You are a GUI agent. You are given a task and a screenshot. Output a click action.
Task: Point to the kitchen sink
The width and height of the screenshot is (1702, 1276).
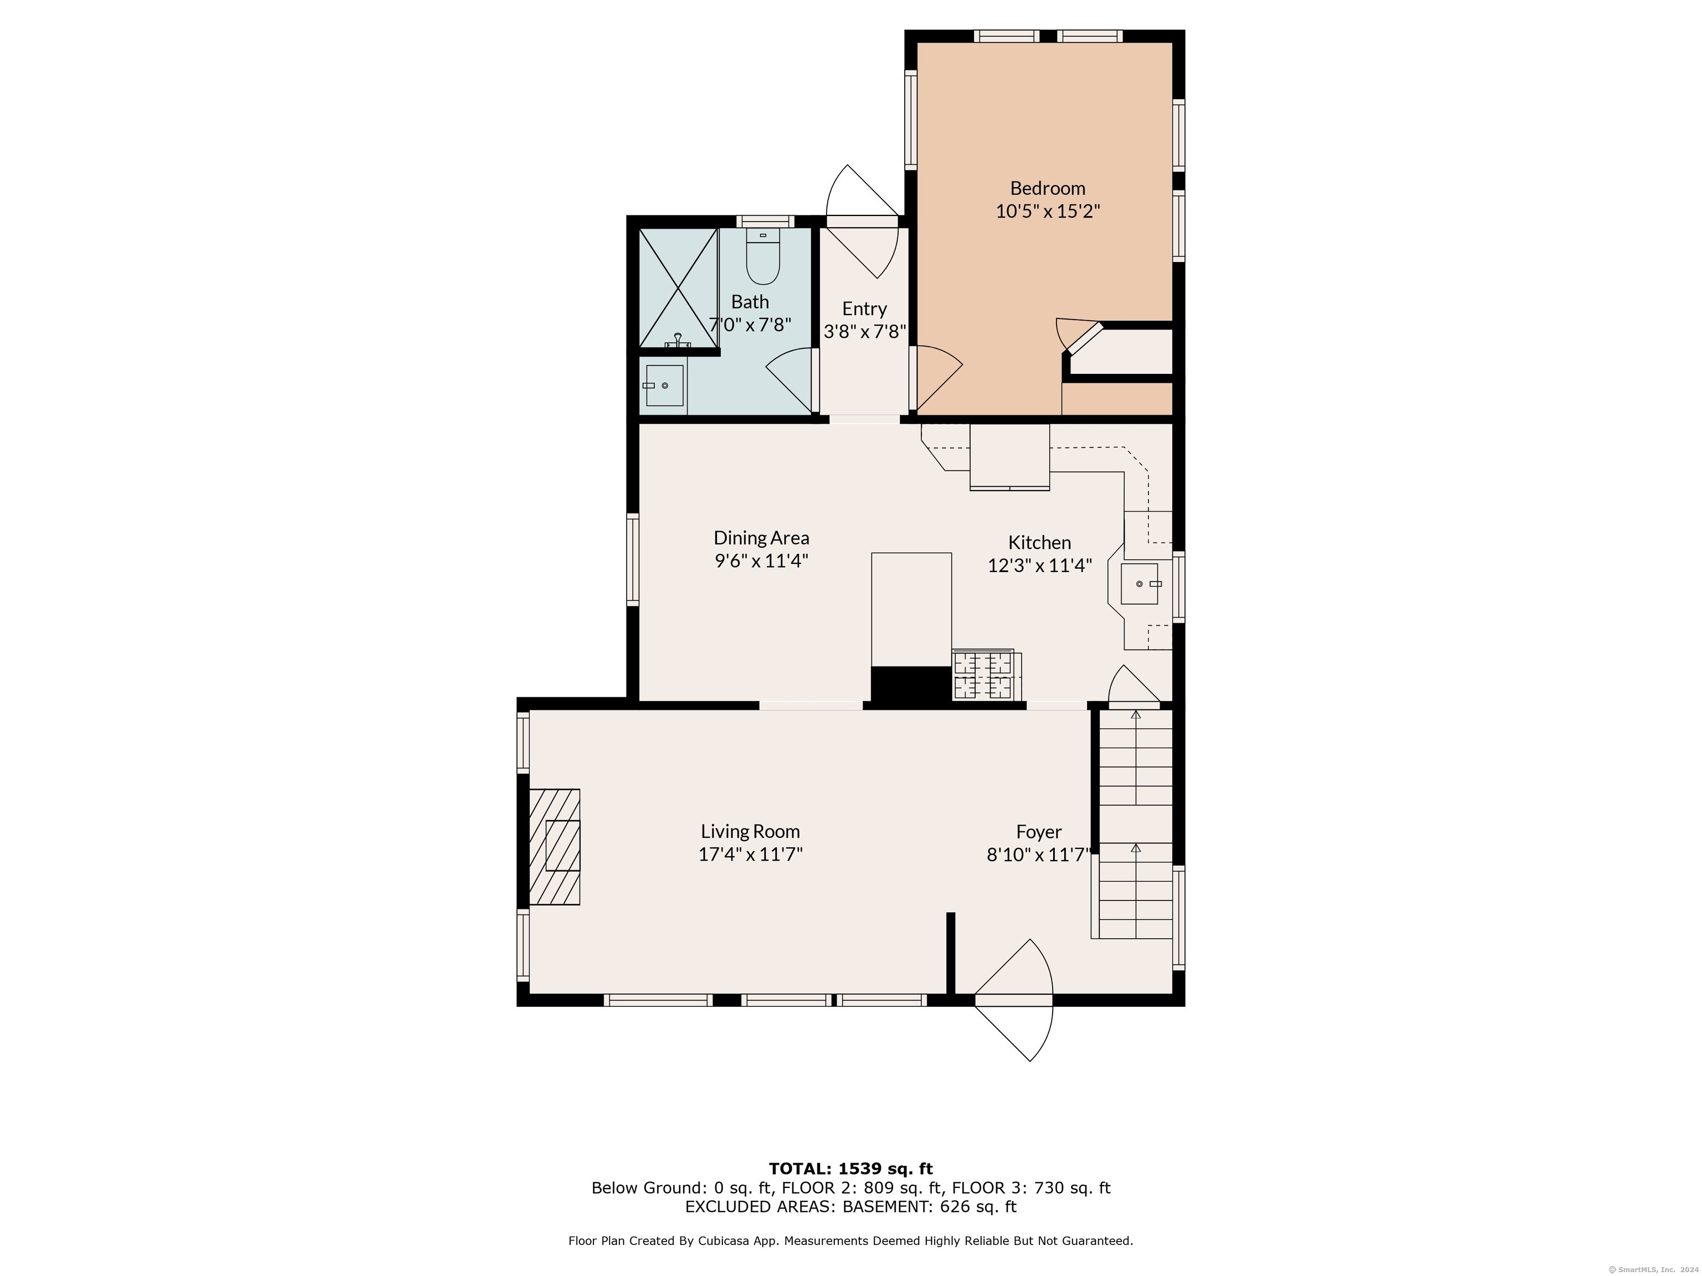coord(1140,584)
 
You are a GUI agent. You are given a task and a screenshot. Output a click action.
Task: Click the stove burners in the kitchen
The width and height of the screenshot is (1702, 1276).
coord(983,675)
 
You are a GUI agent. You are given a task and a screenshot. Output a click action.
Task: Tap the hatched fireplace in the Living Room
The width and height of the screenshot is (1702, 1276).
coord(554,846)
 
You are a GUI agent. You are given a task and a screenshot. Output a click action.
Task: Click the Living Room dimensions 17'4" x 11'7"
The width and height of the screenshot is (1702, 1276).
coord(750,855)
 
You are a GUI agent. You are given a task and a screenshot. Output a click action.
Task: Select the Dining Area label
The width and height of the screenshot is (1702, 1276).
coord(761,538)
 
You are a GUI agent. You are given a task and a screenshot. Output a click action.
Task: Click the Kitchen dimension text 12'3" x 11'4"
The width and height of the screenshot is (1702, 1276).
coord(1039,566)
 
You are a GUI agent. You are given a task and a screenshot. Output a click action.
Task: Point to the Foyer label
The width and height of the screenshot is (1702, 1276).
coord(1039,831)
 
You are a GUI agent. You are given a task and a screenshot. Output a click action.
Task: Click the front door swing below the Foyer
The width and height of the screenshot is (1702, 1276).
coord(1013,1000)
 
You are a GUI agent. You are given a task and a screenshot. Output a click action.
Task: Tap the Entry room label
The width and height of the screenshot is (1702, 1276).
coord(864,308)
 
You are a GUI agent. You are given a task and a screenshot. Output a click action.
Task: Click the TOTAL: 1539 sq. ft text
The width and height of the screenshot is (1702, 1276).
coord(850,1170)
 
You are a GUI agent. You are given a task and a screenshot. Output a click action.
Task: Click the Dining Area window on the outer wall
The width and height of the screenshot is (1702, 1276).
coord(633,559)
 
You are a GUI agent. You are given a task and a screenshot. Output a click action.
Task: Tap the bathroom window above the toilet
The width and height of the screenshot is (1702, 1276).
coord(765,222)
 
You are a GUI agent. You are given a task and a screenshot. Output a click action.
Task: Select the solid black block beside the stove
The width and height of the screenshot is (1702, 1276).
coord(911,684)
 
